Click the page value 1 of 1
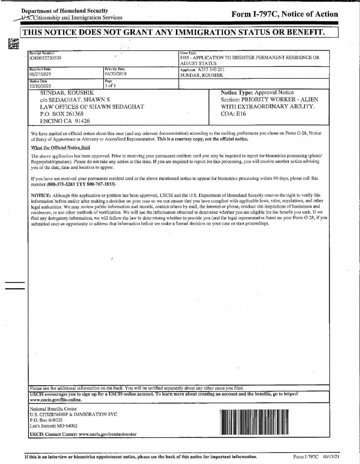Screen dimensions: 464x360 pyautogui.click(x=111, y=85)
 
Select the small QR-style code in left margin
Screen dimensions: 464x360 pyautogui.click(x=13, y=43)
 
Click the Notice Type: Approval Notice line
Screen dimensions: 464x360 pyautogui.click(x=257, y=92)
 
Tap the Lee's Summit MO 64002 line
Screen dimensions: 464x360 pyautogui.click(x=53, y=426)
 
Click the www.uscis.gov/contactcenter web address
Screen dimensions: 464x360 pyautogui.click(x=104, y=435)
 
